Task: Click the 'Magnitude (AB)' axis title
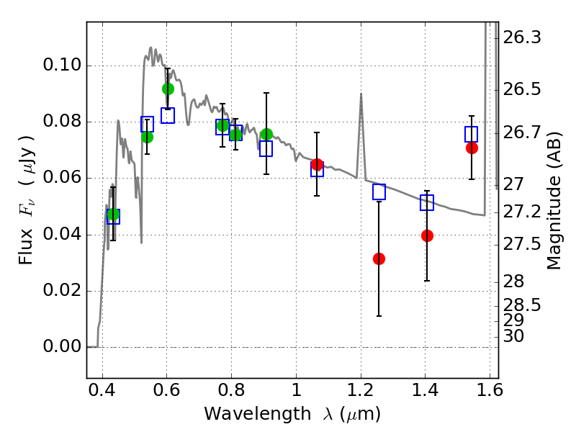pos(554,199)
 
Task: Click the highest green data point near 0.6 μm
pos(168,89)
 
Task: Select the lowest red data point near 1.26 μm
pos(379,258)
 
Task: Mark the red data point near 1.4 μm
pos(427,235)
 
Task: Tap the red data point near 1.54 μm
pos(472,148)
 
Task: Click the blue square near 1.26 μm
pos(379,192)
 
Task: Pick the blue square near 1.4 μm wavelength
pos(427,203)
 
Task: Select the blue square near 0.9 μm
pos(266,149)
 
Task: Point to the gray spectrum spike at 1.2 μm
pos(361,94)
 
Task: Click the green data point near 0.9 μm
pos(266,135)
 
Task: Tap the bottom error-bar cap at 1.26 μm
pos(379,316)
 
